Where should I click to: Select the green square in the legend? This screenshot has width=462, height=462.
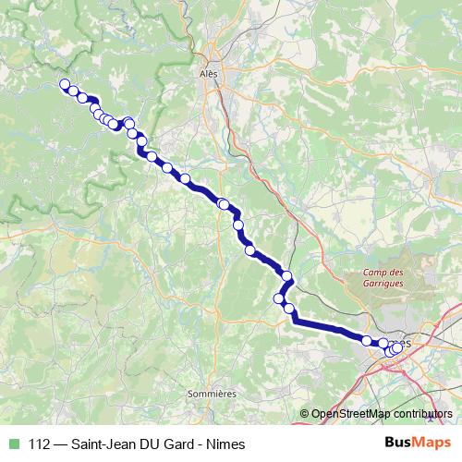(x=12, y=444)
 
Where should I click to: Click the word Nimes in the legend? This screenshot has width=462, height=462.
(x=227, y=444)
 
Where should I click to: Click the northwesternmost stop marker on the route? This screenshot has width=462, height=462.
(x=65, y=85)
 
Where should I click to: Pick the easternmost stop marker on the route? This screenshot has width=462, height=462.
(x=398, y=347)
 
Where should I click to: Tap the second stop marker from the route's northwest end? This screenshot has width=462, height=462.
(x=72, y=91)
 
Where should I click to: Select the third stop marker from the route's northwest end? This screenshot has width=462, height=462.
(x=82, y=98)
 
